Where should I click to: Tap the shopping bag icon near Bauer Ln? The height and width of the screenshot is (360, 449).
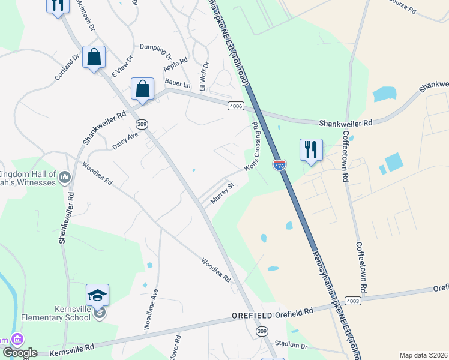[143, 89]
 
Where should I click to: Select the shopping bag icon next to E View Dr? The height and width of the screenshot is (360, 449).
[94, 58]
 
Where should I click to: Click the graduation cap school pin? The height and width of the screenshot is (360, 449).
[97, 295]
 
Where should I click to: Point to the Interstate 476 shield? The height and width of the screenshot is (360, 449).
[279, 165]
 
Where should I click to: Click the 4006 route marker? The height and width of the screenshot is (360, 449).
[236, 106]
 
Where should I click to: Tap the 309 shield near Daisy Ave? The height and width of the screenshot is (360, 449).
[142, 124]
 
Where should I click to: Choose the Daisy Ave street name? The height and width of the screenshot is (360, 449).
[125, 141]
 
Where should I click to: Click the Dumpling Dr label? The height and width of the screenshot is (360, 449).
[155, 50]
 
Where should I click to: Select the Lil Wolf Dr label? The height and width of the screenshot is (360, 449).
[204, 76]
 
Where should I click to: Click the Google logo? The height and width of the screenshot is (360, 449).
[20, 353]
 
